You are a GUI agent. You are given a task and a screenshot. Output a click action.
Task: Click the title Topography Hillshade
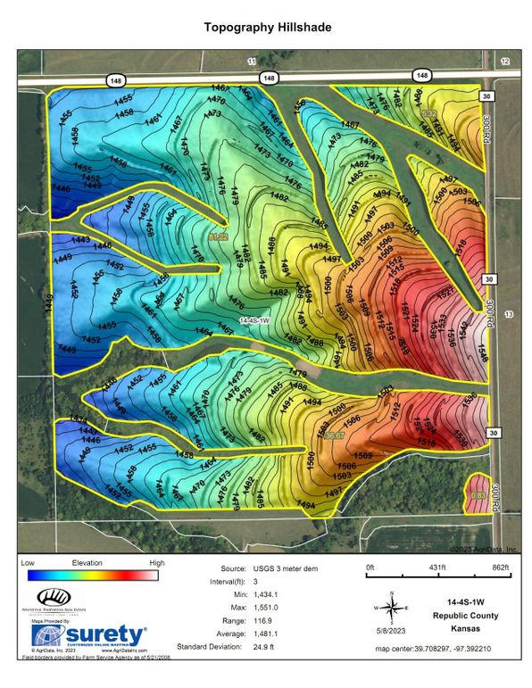click(267, 28)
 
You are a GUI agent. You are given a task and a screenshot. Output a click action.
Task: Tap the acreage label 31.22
click(218, 237)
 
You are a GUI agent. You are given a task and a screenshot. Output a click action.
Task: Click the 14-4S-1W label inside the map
click(256, 319)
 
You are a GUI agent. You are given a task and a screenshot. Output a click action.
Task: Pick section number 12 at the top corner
click(505, 61)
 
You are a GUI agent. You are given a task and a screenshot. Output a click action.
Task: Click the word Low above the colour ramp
click(28, 564)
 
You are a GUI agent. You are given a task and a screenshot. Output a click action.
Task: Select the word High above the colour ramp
click(156, 564)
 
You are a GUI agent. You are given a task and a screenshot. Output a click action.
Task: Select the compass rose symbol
click(390, 608)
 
